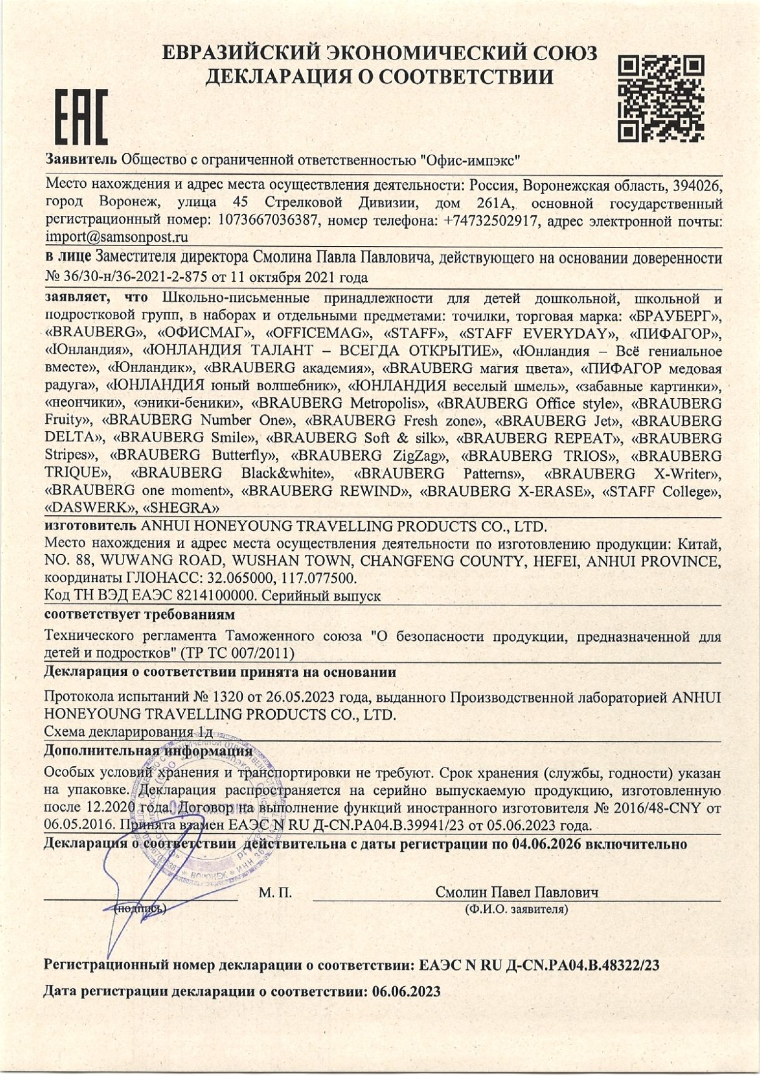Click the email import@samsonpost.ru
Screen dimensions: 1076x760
pos(117,237)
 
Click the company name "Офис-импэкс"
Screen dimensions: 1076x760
pos(470,160)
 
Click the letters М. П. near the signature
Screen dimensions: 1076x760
pos(275,893)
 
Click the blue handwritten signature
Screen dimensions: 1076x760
pos(134,889)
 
